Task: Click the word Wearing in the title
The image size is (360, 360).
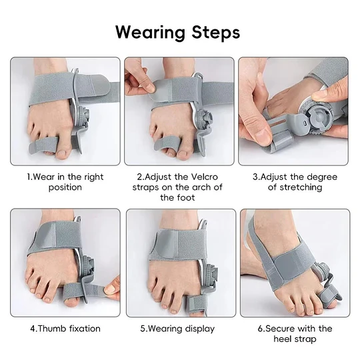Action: tap(150, 33)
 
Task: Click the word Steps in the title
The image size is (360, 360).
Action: tap(216, 33)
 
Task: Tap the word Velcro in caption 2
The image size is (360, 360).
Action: tap(205, 177)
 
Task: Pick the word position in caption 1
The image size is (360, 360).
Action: tap(65, 187)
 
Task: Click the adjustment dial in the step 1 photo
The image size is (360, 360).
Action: tap(83, 115)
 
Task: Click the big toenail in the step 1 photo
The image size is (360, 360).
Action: tap(62, 152)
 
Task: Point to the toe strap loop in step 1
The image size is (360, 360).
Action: tap(43, 145)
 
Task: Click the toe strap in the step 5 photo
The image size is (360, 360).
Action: tap(195, 303)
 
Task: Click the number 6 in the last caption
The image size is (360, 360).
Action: tap(260, 329)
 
